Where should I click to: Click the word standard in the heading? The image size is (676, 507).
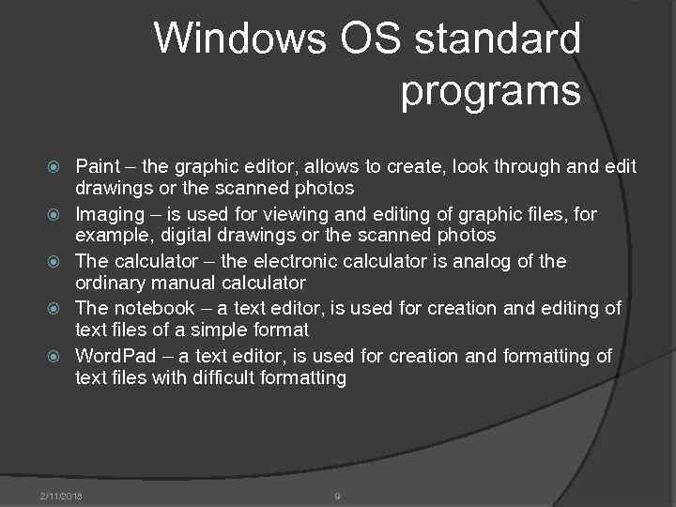pyautogui.click(x=497, y=39)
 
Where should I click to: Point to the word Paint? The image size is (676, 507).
pyautogui.click(x=98, y=166)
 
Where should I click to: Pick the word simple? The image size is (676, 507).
pyautogui.click(x=208, y=330)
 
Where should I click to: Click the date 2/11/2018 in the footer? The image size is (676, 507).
pyautogui.click(x=61, y=495)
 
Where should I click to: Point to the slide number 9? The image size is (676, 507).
pyautogui.click(x=337, y=495)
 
